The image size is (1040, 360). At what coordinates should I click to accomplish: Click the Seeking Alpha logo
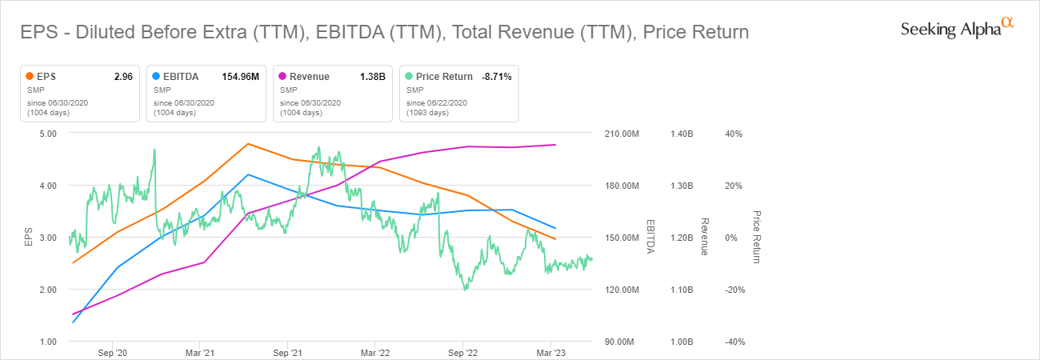tap(957, 29)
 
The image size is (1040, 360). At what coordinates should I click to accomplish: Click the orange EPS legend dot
tap(30, 77)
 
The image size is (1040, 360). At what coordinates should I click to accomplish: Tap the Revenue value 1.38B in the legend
tap(373, 77)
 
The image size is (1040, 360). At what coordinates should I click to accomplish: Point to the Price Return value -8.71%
tap(496, 77)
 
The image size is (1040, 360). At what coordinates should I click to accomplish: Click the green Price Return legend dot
tap(409, 77)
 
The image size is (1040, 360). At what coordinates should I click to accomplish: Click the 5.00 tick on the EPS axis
tap(46, 134)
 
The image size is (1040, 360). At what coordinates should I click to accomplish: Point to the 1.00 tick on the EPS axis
tap(46, 342)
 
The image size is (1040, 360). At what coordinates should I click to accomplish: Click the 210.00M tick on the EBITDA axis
tap(622, 134)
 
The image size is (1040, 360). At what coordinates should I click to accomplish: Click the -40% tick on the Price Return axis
tap(734, 342)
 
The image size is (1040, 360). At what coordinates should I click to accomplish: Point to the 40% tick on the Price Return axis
tap(734, 134)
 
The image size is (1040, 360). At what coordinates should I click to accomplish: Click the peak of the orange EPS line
tap(248, 144)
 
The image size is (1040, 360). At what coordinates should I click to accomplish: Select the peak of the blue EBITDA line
tap(248, 174)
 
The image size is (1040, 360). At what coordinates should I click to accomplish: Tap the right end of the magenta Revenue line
tap(556, 145)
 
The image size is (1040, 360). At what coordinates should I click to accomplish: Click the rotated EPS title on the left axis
tap(29, 238)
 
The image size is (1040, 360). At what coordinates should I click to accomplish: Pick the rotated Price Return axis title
tap(756, 238)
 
